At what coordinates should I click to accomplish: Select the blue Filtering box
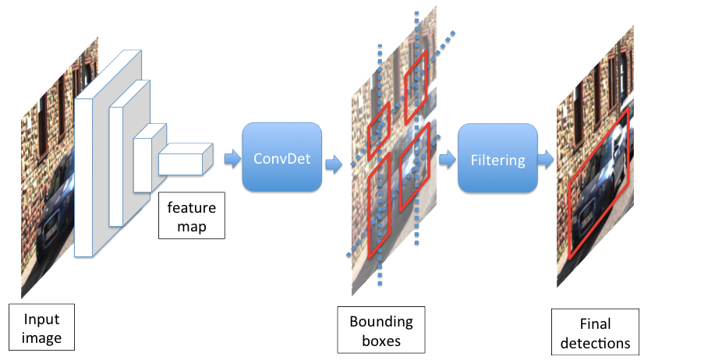[x=497, y=160]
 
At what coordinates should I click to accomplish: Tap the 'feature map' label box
[x=191, y=216]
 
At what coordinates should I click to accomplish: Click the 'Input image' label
[x=41, y=328]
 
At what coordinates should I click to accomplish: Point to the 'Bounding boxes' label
[x=381, y=330]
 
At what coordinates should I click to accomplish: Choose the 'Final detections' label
[x=595, y=333]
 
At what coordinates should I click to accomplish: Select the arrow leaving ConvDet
[x=333, y=163]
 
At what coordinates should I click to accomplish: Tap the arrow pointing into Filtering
[x=447, y=159]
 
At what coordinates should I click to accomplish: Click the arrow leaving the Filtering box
[x=546, y=160]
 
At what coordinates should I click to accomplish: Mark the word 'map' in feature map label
[x=191, y=225]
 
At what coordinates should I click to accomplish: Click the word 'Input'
[x=41, y=319]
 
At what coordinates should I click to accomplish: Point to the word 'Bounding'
[x=381, y=322]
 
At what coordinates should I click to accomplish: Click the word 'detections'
[x=595, y=342]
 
